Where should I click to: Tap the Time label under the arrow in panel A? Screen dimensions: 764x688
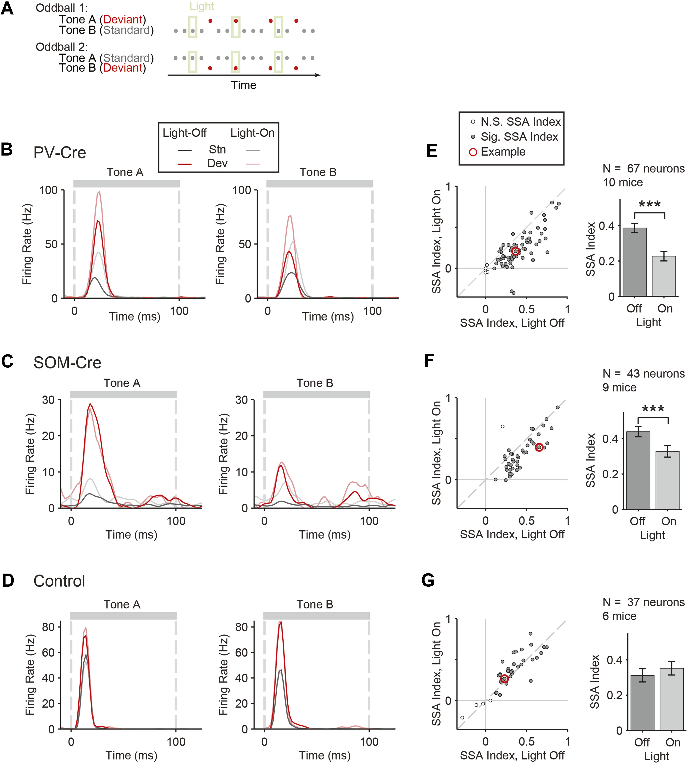tap(244, 85)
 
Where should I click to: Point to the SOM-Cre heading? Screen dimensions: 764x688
tap(67, 363)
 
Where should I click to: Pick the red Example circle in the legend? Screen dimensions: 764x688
tap(473, 152)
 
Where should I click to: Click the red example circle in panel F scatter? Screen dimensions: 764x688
tap(539, 447)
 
